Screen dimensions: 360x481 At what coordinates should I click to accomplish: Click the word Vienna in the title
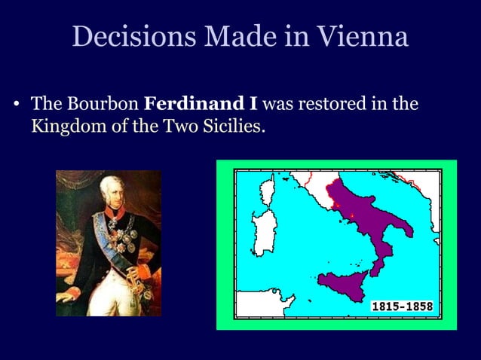363,36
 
